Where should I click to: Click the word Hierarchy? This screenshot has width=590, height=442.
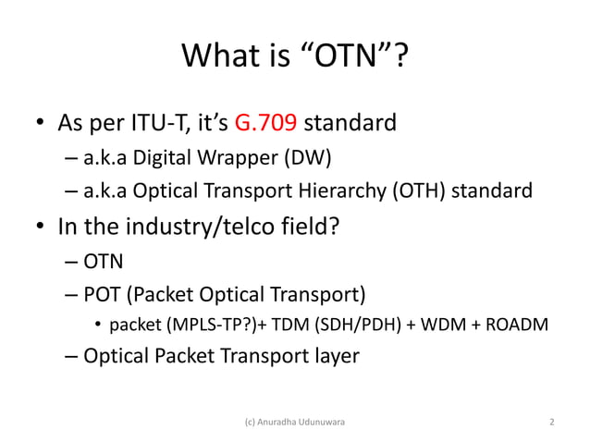342,191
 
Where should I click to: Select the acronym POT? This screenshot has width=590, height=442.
102,295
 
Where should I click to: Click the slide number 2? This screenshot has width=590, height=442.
552,423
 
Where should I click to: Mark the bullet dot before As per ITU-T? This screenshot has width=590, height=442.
41,124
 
